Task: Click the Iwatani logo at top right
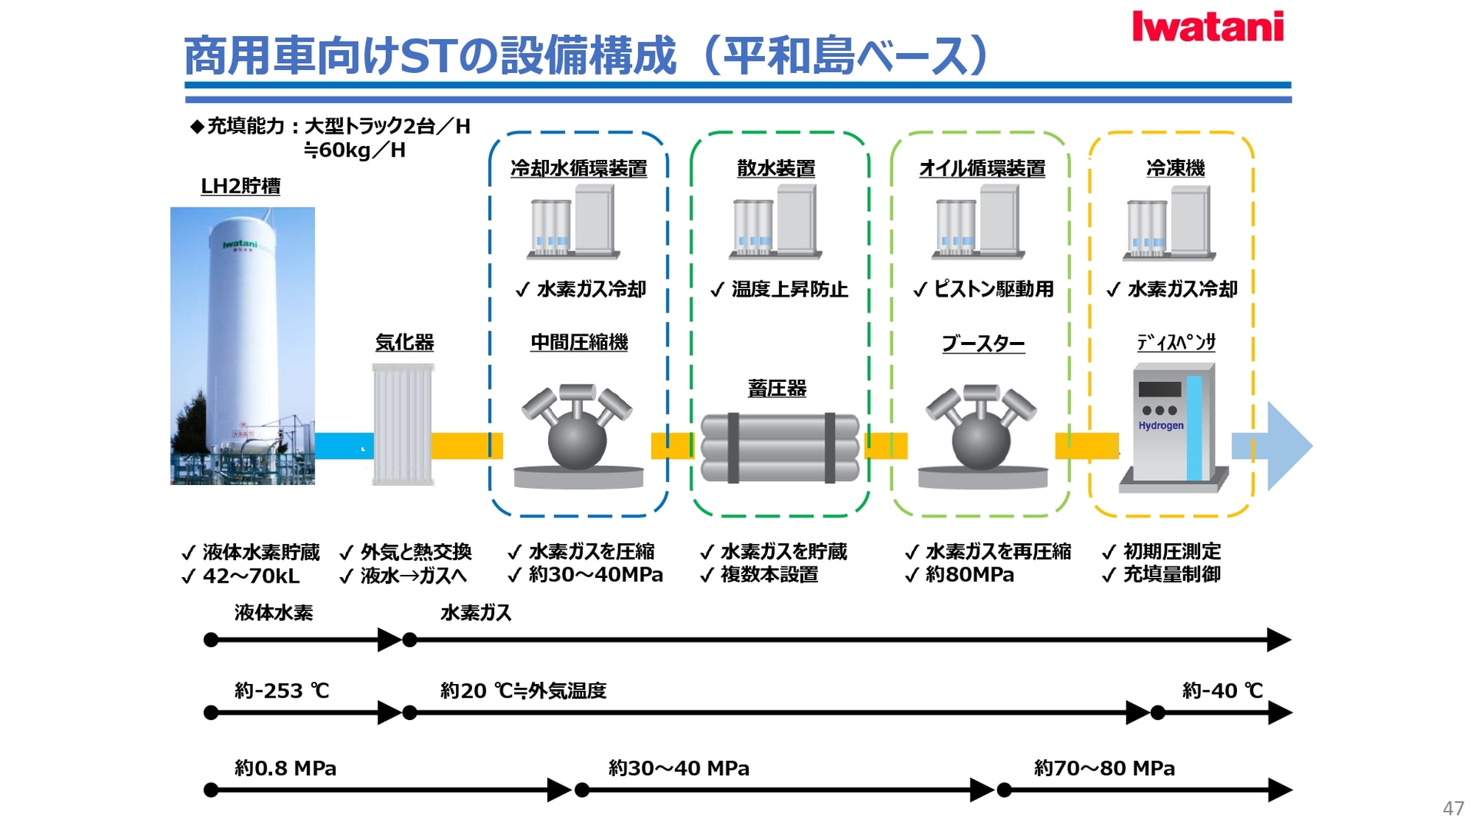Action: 1207,27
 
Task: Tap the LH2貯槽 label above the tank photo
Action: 240,187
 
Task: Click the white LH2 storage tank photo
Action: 242,346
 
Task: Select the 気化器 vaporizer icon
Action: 404,424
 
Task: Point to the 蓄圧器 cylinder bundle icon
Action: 780,448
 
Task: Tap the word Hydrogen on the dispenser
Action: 1161,426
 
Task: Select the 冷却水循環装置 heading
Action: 578,168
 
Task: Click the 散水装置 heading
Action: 776,168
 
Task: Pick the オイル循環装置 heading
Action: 982,168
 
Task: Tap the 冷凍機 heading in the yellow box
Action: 1175,168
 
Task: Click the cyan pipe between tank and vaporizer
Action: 344,446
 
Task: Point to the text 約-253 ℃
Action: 281,691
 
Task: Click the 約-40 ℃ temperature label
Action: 1222,691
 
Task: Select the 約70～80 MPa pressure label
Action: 1104,769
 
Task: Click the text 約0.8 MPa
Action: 285,769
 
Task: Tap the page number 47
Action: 1453,808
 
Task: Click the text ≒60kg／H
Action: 354,150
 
